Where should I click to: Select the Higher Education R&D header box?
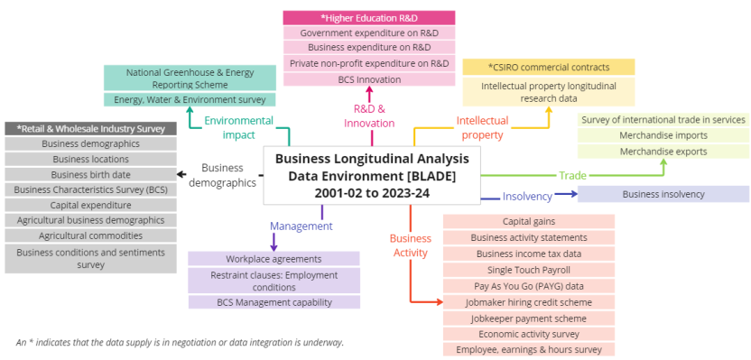coord(368,18)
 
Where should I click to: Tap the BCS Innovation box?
coord(368,78)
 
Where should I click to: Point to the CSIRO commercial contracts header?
coord(548,67)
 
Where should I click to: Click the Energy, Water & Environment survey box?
coord(190,99)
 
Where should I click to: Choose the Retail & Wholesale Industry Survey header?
coord(90,128)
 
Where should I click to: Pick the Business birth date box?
coord(90,174)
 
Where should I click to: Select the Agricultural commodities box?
coord(90,235)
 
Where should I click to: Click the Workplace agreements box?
coord(274,259)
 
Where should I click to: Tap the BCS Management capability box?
coord(274,302)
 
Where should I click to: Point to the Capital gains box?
coord(528,221)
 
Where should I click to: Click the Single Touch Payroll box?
coord(528,270)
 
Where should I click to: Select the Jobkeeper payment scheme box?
coord(528,318)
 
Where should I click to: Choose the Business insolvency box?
coord(663,194)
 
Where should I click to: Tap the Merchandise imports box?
coord(663,135)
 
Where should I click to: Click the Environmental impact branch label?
coord(238,127)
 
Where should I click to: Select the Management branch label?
coord(301,226)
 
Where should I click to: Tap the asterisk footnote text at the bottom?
coord(180,343)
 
